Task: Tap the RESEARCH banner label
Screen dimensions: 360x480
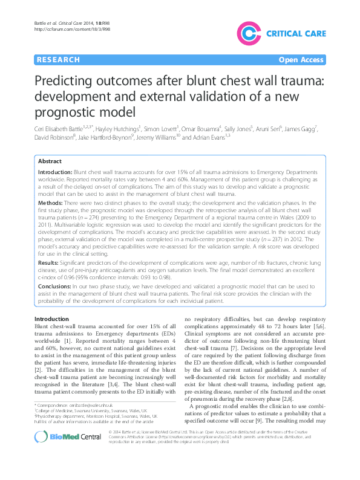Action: [x=58, y=60]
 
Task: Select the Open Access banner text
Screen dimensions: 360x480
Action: [x=301, y=60]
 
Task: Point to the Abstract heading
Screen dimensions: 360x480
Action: [x=50, y=161]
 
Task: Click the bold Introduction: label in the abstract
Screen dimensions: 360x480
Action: [x=56, y=173]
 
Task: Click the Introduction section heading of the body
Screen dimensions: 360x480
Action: [x=51, y=319]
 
